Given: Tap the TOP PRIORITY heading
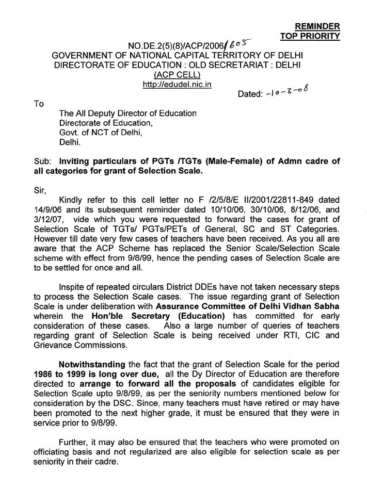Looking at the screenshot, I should (x=310, y=36).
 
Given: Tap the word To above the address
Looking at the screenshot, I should (x=39, y=104).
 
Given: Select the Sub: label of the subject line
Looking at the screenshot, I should (x=41, y=160).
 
